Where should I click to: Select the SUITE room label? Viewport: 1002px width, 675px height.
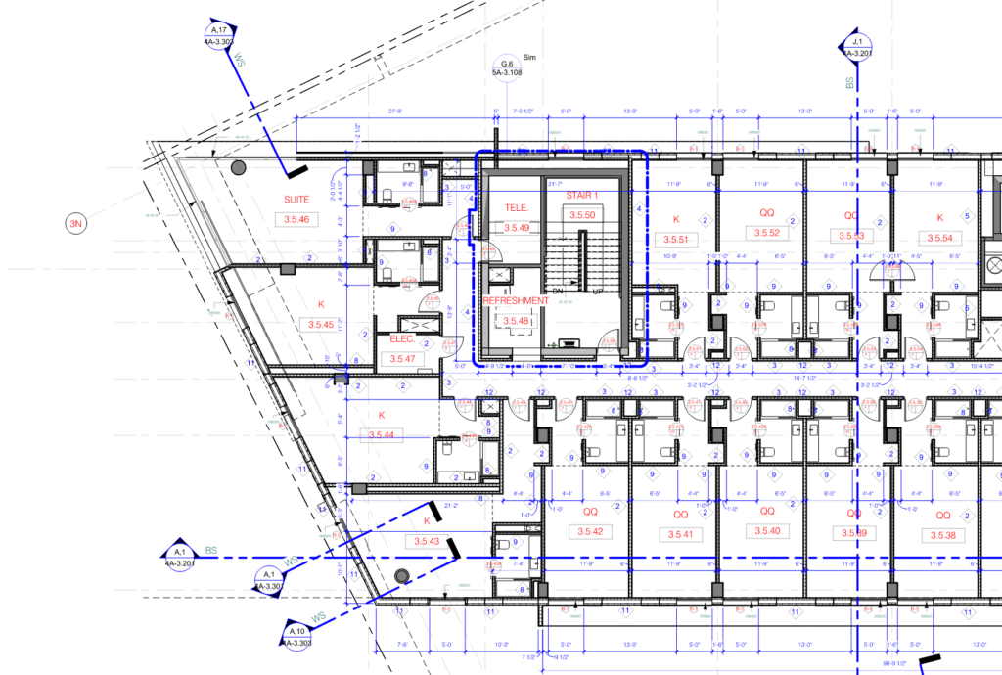click(x=296, y=200)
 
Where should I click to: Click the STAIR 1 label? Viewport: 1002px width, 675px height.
click(x=584, y=196)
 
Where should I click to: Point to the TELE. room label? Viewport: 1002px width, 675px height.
click(x=517, y=207)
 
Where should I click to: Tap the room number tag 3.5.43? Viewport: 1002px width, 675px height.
click(x=427, y=541)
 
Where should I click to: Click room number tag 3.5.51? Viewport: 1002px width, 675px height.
click(x=675, y=239)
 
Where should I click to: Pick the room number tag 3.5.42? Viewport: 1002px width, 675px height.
click(x=591, y=533)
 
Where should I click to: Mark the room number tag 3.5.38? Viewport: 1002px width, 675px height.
click(x=943, y=535)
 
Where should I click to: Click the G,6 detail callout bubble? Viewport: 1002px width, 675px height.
click(x=507, y=67)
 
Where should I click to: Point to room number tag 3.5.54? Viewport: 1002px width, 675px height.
click(x=939, y=238)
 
